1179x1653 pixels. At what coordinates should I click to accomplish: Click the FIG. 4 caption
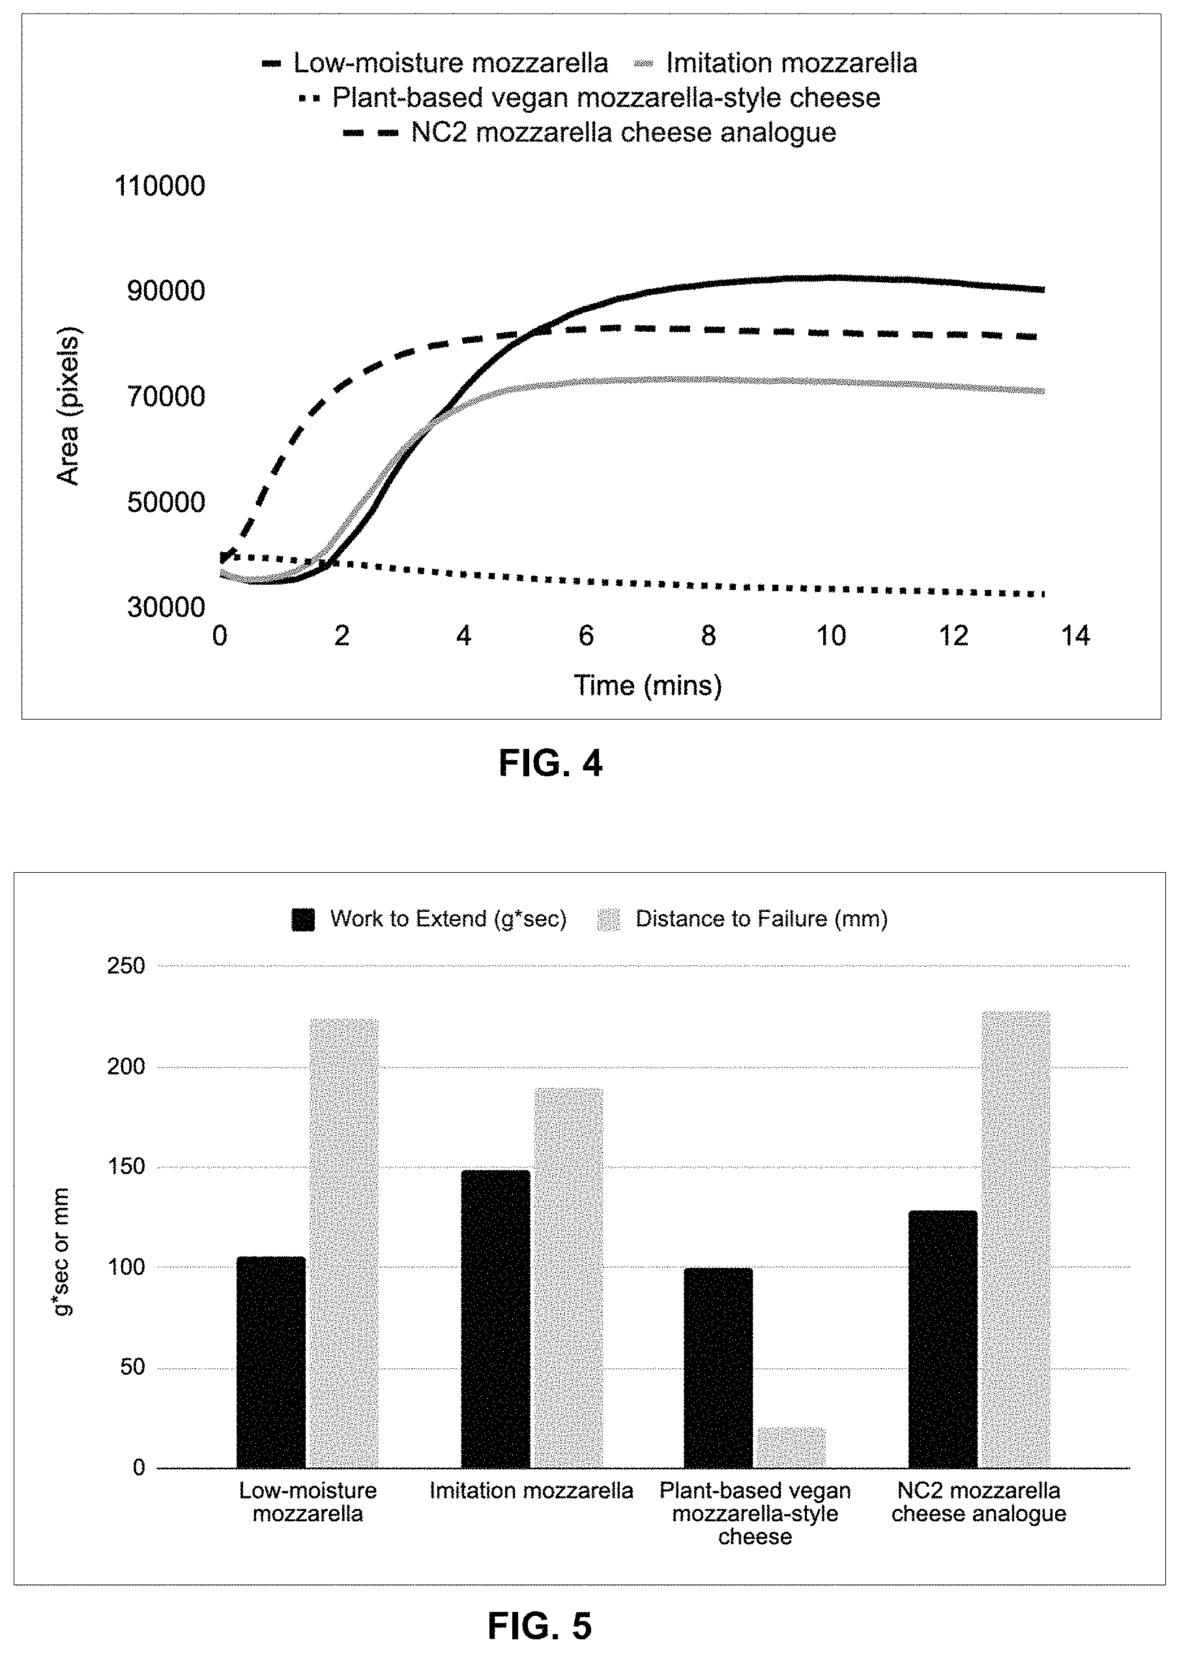pyautogui.click(x=550, y=764)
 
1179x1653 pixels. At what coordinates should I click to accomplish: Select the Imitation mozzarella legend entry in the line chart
pyautogui.click(x=775, y=63)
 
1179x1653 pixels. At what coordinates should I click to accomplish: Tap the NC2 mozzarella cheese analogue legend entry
pyautogui.click(x=589, y=133)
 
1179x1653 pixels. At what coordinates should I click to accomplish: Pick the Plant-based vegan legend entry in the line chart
pyautogui.click(x=589, y=98)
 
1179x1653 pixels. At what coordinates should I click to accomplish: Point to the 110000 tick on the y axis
pyautogui.click(x=160, y=186)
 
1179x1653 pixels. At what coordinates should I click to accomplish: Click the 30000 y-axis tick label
pyautogui.click(x=166, y=607)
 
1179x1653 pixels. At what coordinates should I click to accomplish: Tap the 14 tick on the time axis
pyautogui.click(x=1075, y=637)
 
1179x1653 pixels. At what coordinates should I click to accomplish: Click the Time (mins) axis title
pyautogui.click(x=648, y=685)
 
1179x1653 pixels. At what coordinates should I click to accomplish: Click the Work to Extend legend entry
pyautogui.click(x=429, y=919)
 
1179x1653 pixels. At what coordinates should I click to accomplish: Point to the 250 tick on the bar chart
pyautogui.click(x=126, y=965)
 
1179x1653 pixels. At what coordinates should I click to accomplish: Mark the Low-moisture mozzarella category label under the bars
pyautogui.click(x=308, y=1502)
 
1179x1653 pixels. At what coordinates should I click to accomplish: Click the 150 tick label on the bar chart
pyautogui.click(x=126, y=1167)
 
